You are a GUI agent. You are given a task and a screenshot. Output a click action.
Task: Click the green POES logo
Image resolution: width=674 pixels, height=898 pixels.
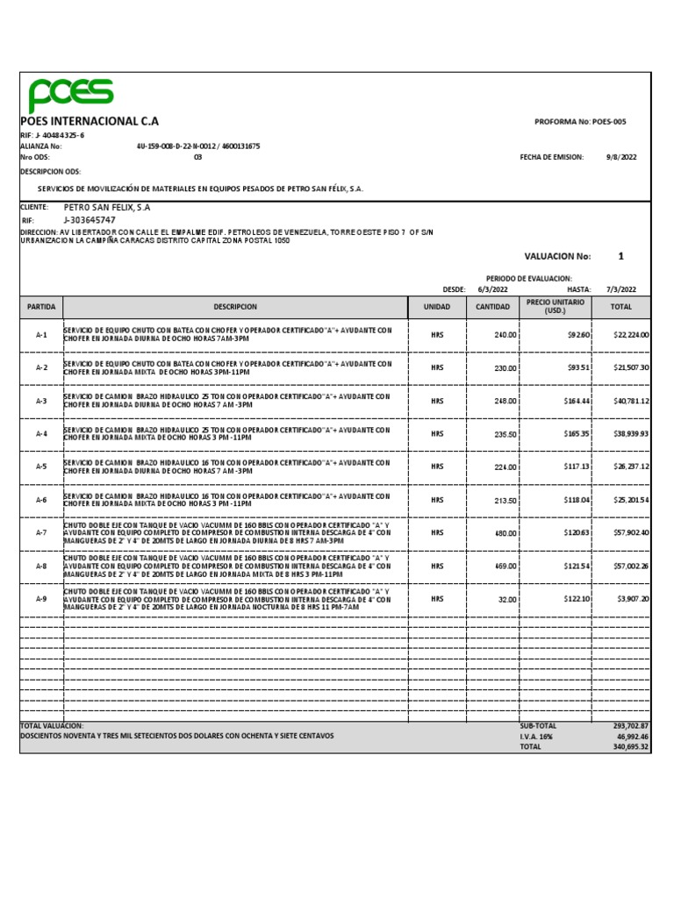71,95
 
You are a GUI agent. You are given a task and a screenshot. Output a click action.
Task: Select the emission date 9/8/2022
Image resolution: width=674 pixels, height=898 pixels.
621,157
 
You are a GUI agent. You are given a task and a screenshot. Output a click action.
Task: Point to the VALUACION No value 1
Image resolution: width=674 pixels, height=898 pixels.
620,256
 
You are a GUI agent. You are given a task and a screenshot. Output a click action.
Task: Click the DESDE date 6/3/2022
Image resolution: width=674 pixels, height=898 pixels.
494,289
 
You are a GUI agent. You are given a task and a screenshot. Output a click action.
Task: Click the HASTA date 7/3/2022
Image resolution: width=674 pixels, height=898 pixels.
621,289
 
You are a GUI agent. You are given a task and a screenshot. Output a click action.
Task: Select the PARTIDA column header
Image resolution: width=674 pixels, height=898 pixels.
41,307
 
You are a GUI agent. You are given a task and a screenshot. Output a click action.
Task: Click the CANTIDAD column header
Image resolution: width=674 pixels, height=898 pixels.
491,307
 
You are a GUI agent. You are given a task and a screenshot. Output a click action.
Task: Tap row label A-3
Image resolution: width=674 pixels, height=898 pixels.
41,401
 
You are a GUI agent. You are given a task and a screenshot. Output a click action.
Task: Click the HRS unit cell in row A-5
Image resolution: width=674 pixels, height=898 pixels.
437,467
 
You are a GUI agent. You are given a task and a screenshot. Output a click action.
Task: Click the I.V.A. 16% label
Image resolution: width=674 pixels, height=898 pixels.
537,737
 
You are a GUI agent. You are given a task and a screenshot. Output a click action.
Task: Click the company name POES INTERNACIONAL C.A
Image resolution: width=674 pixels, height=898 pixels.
90,121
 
